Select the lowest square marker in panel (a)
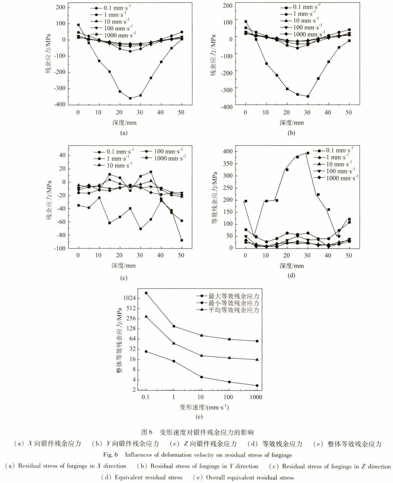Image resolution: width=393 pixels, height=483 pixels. [130, 98]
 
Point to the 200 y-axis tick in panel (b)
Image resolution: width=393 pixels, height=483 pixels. [228, 5]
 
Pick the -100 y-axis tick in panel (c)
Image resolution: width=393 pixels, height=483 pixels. [59, 248]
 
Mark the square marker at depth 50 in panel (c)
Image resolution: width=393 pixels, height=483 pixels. [182, 240]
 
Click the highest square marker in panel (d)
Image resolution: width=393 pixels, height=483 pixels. [307, 153]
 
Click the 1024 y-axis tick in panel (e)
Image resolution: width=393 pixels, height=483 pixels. [130, 298]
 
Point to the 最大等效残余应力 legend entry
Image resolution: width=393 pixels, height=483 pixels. [233, 296]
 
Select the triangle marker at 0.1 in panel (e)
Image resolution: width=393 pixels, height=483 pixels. [146, 316]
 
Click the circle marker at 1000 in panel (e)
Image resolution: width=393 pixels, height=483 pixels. [257, 385]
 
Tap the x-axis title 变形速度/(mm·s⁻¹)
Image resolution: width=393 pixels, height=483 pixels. [204, 407]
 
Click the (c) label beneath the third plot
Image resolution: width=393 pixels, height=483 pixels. [124, 278]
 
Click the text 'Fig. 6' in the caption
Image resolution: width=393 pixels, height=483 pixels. [110, 455]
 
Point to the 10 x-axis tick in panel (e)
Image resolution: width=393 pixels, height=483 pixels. [201, 397]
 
